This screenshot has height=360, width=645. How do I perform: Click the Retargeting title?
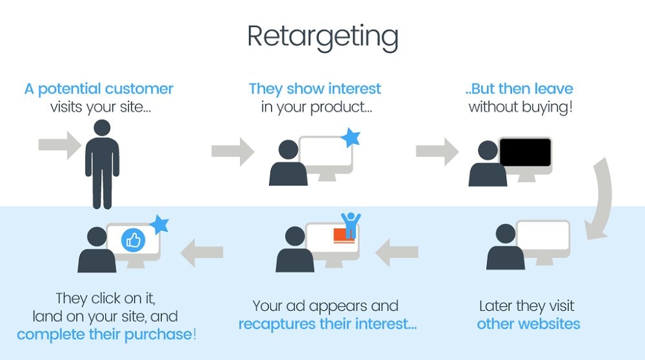(322, 37)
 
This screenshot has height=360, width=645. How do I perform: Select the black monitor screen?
(525, 152)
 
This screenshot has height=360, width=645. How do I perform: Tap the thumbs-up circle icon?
(134, 241)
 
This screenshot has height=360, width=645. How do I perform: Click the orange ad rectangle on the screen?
(344, 235)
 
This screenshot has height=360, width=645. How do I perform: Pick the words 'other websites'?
(528, 323)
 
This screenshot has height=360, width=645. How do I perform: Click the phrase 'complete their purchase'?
(104, 334)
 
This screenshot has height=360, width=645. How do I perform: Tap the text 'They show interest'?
(315, 88)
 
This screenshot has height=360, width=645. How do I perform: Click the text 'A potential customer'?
(99, 88)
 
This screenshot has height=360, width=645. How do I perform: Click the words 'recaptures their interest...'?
(328, 323)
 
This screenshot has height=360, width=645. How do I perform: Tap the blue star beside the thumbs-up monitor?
(159, 225)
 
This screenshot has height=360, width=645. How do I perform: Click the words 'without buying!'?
(521, 106)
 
